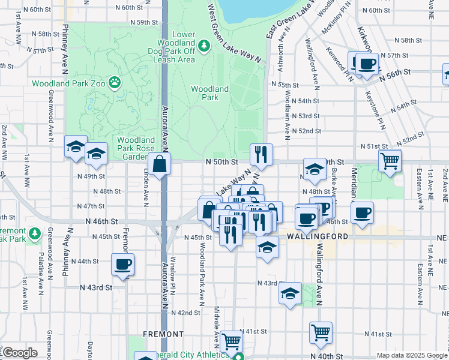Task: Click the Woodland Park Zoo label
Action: tap(68, 83)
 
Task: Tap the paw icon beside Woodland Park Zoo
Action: tap(114, 81)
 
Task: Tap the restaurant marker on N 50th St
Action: tap(261, 155)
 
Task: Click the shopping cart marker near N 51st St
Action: tap(390, 161)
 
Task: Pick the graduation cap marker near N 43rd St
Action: tap(291, 293)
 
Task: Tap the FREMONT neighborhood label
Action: tap(163, 334)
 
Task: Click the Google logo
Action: tap(20, 353)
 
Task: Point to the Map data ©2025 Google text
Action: tap(411, 355)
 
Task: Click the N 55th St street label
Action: tap(285, 85)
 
